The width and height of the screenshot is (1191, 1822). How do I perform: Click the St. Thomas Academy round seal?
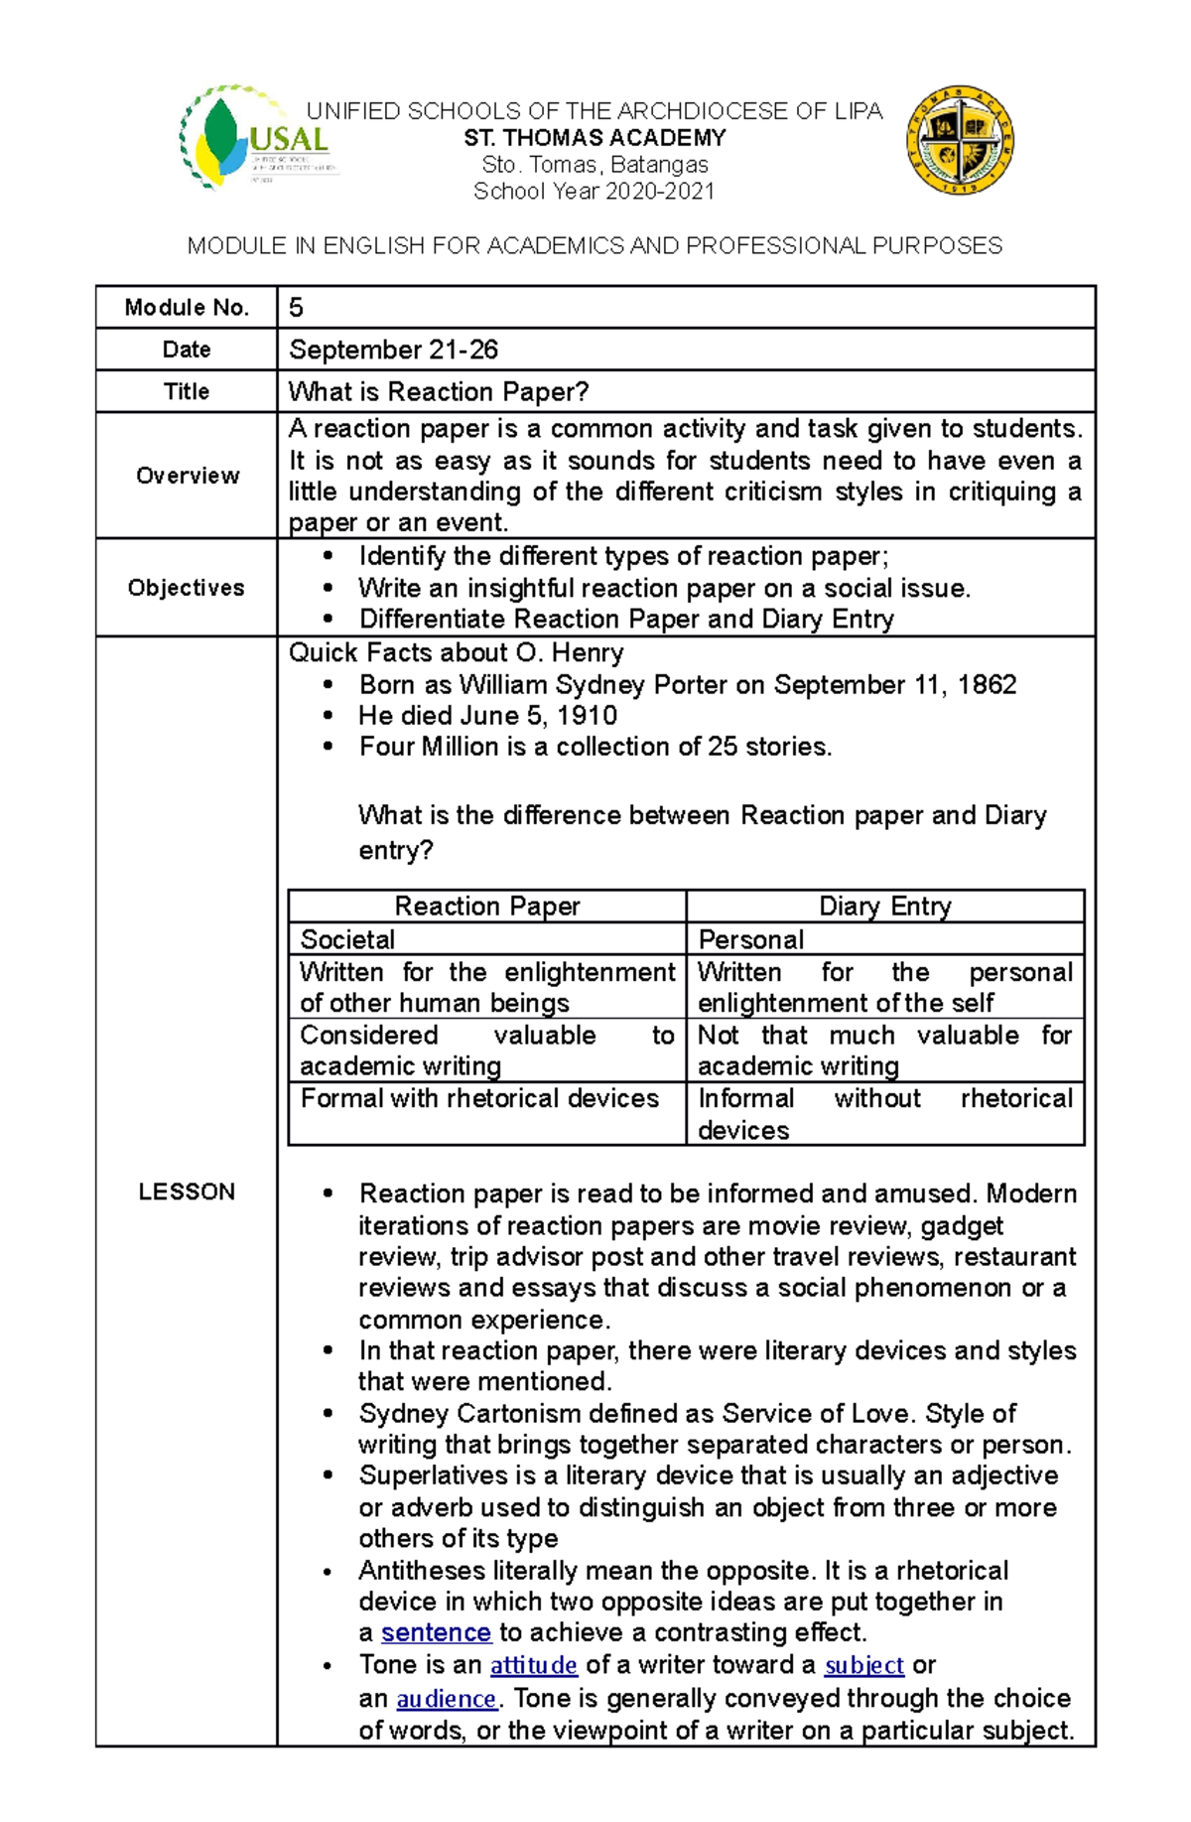point(959,139)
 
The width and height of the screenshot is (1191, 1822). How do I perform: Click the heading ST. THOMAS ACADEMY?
point(595,138)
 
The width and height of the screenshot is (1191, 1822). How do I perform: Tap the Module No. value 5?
point(296,308)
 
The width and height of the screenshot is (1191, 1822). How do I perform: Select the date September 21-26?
point(393,350)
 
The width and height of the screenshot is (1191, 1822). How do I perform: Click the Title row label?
point(187,391)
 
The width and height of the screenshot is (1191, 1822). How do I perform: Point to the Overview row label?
point(187,476)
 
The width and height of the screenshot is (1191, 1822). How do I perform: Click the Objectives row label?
point(186,588)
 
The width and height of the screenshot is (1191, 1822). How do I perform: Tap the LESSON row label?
point(187,1191)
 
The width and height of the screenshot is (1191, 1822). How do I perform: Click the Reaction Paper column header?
point(486,906)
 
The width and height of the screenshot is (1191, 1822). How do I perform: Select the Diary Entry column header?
point(884,906)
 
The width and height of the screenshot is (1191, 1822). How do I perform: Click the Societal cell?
point(347,939)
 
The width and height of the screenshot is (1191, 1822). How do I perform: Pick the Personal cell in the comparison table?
point(750,939)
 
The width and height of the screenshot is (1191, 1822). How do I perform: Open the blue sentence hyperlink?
point(436,1632)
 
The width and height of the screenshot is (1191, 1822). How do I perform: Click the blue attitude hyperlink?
point(533,1665)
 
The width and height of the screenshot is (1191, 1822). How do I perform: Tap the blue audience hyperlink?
point(446,1699)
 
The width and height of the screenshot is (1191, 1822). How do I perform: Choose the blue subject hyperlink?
point(863,1665)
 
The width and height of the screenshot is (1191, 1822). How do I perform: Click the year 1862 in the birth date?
point(987,685)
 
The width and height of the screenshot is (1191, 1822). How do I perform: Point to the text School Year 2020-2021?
point(594,192)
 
